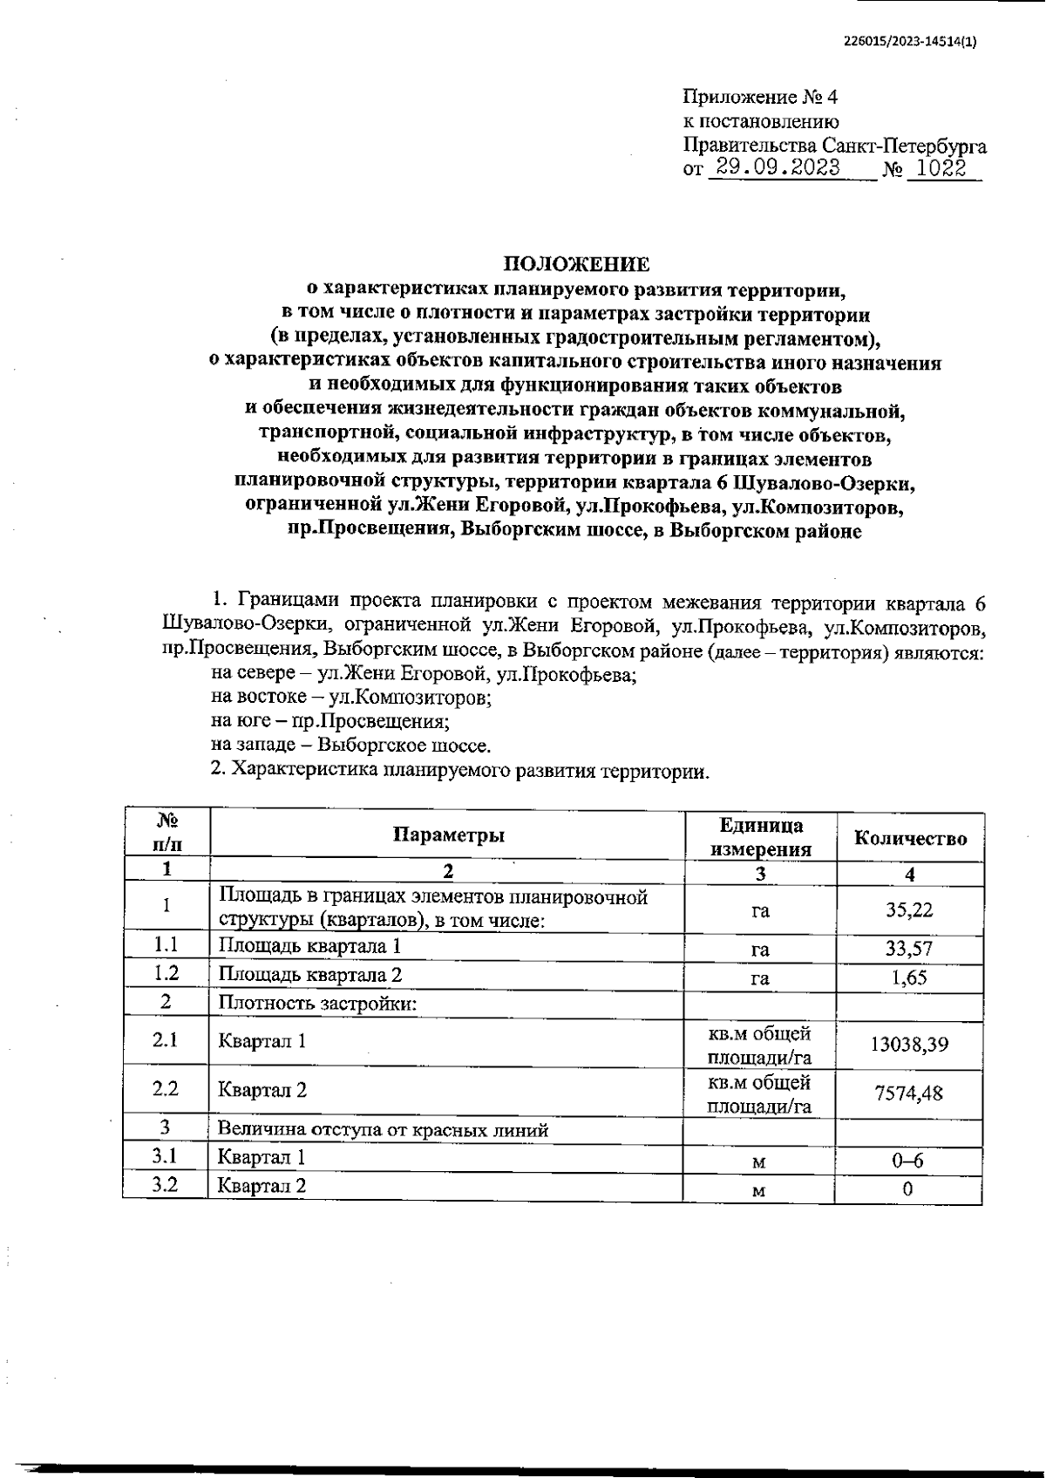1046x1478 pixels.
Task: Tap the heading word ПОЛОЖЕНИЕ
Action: click(577, 263)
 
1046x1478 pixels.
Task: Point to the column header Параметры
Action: click(448, 835)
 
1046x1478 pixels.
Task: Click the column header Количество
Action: click(910, 838)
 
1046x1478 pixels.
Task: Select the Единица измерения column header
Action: click(761, 837)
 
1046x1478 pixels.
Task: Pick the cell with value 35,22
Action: click(909, 909)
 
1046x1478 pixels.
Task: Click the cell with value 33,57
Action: click(909, 949)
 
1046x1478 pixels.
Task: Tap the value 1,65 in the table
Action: click(909, 977)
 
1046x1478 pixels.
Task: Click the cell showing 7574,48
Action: click(909, 1092)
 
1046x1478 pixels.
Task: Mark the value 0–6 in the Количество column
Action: click(909, 1161)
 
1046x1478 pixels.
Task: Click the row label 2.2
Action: click(165, 1088)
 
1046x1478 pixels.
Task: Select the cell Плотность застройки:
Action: click(317, 1004)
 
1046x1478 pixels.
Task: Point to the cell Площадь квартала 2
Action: click(309, 975)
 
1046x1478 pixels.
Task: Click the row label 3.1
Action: click(165, 1156)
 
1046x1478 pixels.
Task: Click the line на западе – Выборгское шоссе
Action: click(351, 746)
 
